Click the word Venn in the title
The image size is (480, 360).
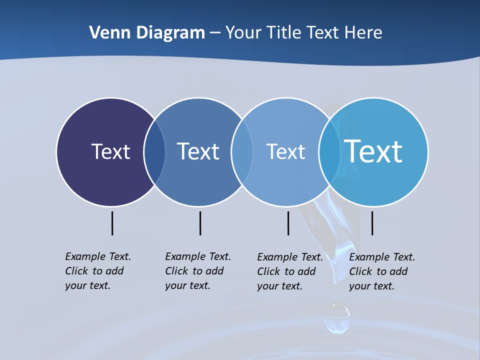(106, 32)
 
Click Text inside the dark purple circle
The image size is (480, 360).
(110, 151)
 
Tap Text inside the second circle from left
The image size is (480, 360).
(198, 151)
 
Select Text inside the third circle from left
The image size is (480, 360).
(285, 151)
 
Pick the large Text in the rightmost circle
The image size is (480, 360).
(373, 151)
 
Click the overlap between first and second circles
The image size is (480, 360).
(154, 152)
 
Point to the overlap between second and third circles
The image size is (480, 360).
(242, 152)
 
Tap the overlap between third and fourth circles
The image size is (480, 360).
(329, 152)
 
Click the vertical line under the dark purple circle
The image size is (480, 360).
(112, 223)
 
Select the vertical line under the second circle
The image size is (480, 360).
(200, 223)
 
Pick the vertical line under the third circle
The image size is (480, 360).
(288, 223)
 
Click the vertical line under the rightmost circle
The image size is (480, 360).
(372, 223)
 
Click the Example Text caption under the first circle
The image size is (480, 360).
(98, 271)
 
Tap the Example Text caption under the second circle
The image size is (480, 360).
(198, 271)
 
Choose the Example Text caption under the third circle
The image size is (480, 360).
(290, 271)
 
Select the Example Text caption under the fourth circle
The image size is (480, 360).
(382, 271)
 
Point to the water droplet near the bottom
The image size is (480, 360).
(337, 318)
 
